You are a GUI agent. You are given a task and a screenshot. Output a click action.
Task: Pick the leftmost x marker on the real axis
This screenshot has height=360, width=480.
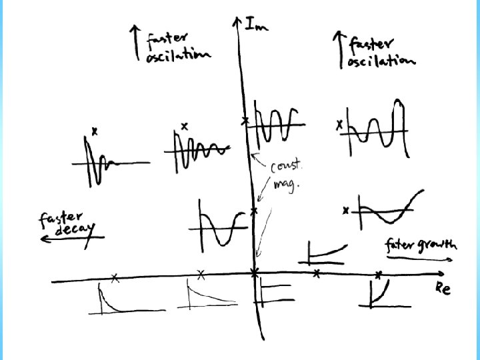click(115, 278)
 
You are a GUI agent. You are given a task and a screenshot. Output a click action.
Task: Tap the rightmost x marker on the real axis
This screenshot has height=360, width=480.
click(378, 274)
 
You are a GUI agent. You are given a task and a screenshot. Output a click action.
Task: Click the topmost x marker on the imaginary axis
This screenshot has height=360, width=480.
click(245, 121)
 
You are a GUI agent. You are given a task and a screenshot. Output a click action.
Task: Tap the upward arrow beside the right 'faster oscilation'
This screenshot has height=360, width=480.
click(336, 50)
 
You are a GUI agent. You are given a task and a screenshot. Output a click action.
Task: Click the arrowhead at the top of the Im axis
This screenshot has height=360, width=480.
click(237, 21)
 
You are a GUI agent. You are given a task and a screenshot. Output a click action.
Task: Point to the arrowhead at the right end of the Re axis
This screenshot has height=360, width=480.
click(442, 274)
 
